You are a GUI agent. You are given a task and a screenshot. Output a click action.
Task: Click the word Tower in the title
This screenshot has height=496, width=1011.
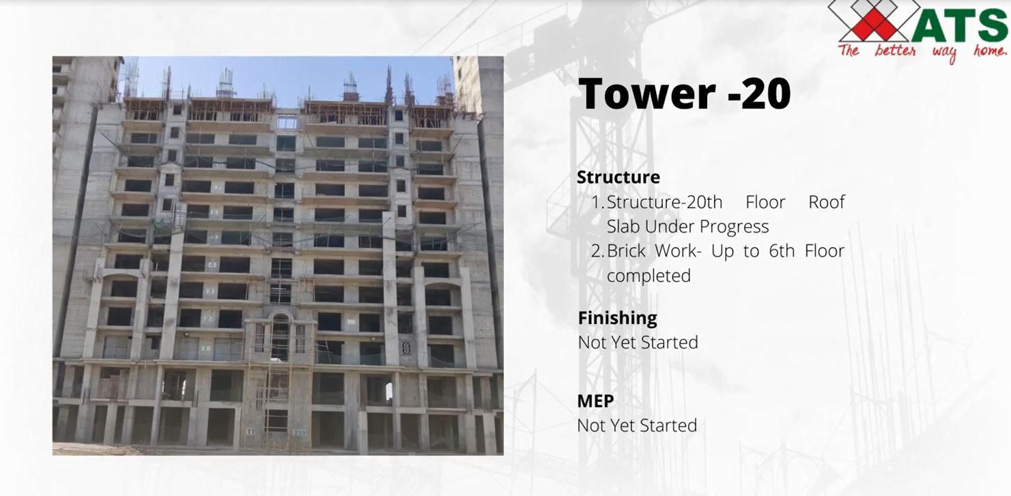pos(646,93)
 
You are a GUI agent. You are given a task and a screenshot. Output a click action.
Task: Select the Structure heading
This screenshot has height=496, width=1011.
pos(618,177)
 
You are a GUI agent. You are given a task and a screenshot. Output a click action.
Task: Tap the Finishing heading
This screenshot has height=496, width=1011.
pos(617,318)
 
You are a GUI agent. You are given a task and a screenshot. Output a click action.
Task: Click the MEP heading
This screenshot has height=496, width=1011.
pos(595,401)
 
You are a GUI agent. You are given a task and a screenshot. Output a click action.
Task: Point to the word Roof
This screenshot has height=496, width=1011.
pos(827,202)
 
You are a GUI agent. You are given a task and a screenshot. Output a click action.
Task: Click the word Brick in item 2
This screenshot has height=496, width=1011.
pos(626,250)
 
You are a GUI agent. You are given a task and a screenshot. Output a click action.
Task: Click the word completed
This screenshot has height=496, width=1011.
pos(649,276)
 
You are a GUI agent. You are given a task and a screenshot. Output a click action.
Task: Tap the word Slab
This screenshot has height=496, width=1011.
pos(623,227)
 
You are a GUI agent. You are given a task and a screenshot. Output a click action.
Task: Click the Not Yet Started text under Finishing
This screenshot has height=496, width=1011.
pos(638,342)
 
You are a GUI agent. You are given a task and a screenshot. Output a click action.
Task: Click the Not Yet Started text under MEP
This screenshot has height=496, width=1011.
pos(637,425)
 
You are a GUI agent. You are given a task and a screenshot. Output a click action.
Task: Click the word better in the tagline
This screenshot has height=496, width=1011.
pos(895,50)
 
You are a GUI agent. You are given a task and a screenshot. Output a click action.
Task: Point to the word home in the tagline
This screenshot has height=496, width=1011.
pos(989,51)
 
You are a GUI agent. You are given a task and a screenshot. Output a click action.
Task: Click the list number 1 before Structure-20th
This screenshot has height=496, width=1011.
pos(597,202)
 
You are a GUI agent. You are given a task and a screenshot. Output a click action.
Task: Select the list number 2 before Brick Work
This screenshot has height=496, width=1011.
pos(597,250)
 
